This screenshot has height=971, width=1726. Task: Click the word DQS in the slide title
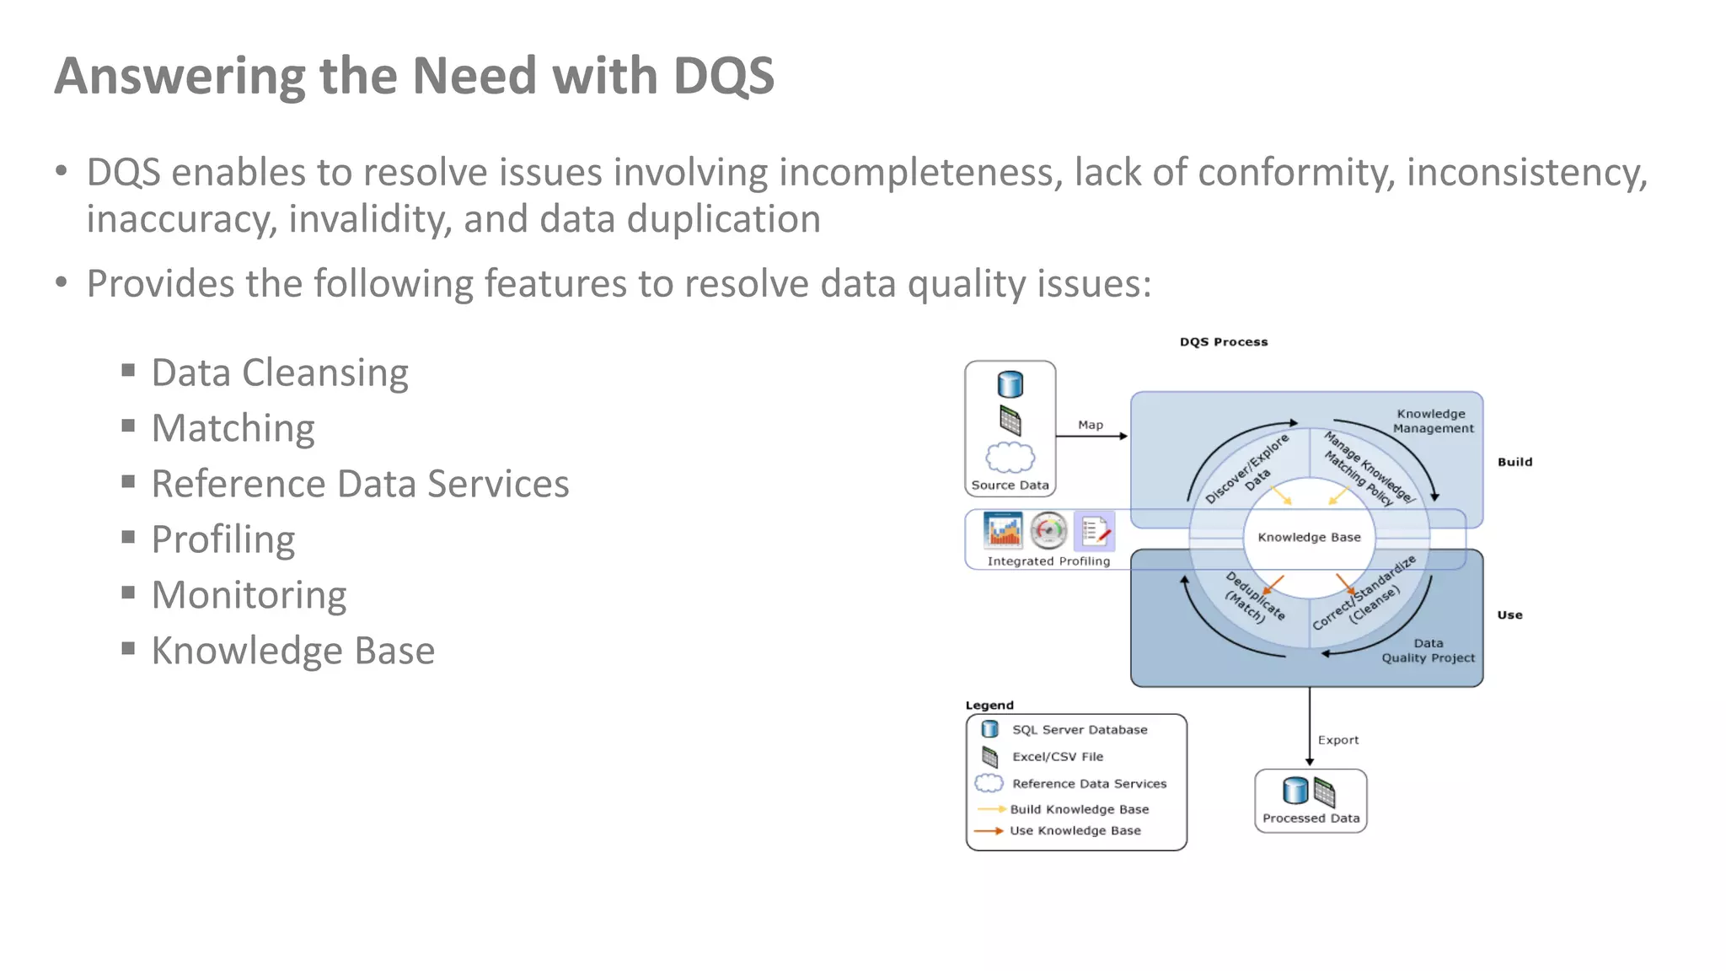[723, 76]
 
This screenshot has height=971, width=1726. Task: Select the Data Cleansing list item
[279, 373]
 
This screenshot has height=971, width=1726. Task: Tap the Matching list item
[233, 428]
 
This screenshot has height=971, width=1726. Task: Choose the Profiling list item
[222, 539]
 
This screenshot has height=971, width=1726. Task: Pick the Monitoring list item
[249, 595]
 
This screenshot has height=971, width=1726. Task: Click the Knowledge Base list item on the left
[292, 651]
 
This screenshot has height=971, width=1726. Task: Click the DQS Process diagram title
[1223, 341]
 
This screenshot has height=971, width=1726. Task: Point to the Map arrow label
[1090, 425]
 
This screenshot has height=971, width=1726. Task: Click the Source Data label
[1010, 485]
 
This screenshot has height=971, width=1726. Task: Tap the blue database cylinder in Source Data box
[1010, 384]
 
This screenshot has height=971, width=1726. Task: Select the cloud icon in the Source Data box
[1010, 458]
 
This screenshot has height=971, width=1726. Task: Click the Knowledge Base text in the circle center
[1309, 537]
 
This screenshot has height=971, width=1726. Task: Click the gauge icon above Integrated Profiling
[1048, 531]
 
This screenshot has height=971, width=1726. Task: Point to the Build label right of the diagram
[1514, 462]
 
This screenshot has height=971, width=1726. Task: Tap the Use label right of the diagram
[1509, 615]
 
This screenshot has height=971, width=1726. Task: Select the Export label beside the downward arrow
[1337, 740]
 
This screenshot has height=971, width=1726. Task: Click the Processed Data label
[1311, 818]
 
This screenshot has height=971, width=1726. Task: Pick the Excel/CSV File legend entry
[1057, 757]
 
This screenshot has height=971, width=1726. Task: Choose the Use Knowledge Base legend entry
[1075, 831]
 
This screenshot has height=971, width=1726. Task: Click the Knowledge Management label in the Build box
[1432, 421]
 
